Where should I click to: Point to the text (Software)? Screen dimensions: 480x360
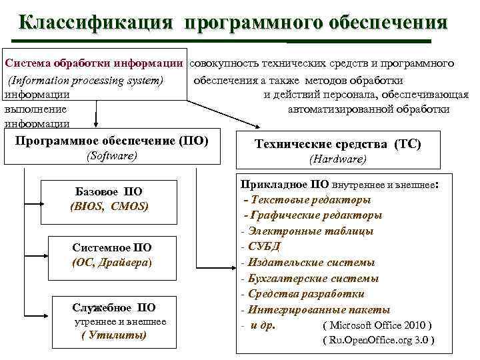tap(112, 155)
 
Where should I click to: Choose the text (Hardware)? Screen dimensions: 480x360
tap(338, 159)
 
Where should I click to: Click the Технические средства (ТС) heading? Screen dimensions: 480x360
tap(338, 144)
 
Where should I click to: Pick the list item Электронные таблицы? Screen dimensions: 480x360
tap(310, 231)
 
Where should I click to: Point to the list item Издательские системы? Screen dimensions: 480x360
tap(307, 263)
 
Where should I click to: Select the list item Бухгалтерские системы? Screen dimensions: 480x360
tap(313, 279)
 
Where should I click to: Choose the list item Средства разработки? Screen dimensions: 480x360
tap(306, 294)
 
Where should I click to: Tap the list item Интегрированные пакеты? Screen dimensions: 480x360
tap(319, 310)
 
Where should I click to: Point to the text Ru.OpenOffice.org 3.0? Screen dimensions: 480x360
tap(377, 341)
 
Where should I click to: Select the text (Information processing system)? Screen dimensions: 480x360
tap(86, 81)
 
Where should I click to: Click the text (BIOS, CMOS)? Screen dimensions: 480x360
tap(109, 207)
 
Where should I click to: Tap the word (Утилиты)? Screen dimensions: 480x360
tap(114, 335)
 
